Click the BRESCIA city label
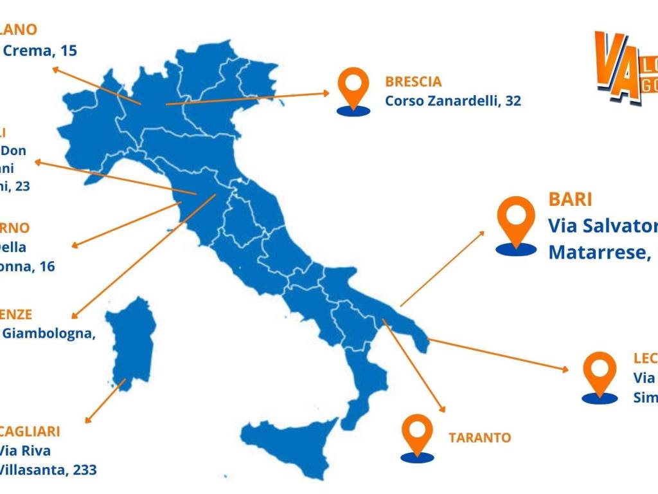coord(413,82)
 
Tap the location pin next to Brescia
coord(353,90)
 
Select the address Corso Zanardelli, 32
coord(453,101)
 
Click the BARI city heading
coord(570,198)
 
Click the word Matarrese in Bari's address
coord(594,252)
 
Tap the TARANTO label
coord(479,438)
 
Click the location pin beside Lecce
coord(600,374)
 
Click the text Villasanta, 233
coord(48,470)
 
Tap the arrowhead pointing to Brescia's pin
coord(326,93)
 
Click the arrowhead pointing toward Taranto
coord(441,408)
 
